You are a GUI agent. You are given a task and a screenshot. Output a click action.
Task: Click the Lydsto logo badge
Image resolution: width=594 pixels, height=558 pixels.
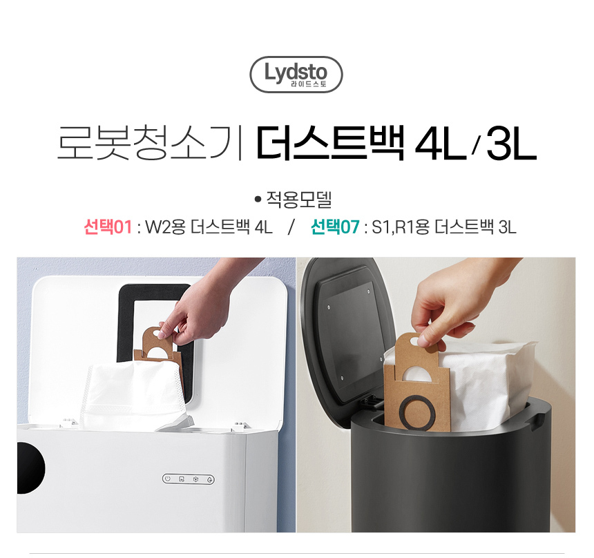pyautogui.click(x=296, y=75)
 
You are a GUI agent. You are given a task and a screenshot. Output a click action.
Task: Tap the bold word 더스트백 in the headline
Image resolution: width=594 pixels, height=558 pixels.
pyautogui.click(x=330, y=143)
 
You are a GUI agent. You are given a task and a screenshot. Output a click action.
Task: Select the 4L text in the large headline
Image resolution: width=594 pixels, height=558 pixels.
pyautogui.click(x=441, y=143)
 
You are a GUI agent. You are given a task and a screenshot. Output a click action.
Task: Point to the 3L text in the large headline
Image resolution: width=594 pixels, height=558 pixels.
pyautogui.click(x=511, y=143)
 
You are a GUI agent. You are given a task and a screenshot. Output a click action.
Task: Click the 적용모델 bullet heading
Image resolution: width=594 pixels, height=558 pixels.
pyautogui.click(x=294, y=200)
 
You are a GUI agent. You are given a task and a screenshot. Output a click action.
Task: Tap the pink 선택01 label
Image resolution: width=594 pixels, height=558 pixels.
pyautogui.click(x=108, y=227)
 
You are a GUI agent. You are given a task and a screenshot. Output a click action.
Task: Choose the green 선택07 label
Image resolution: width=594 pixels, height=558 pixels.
pyautogui.click(x=335, y=227)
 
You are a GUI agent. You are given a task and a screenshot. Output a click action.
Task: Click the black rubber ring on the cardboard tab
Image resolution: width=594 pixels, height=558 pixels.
pyautogui.click(x=416, y=412)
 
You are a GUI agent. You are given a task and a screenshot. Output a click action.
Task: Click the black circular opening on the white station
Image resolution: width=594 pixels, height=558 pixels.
pyautogui.click(x=30, y=468)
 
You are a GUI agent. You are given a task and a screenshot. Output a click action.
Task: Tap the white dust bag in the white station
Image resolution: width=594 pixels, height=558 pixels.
pyautogui.click(x=135, y=395)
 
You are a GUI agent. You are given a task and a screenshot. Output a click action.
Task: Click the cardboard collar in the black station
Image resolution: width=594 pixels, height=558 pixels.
pyautogui.click(x=415, y=383)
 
